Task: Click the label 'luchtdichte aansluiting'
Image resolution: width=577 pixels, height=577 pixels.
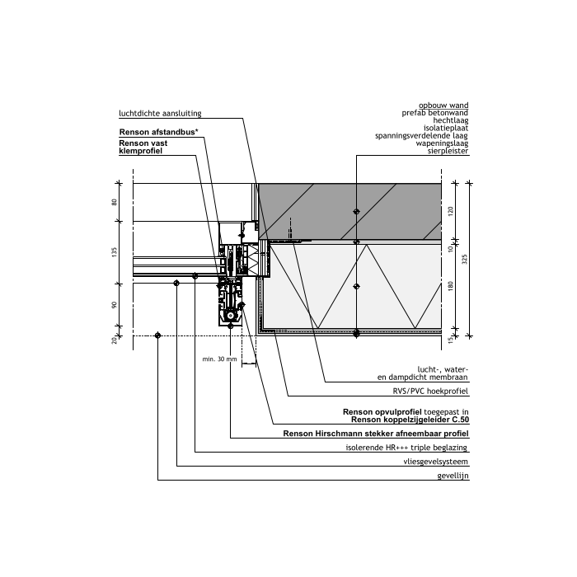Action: [x=160, y=114]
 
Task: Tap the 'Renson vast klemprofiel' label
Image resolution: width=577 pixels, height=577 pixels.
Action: [x=143, y=147]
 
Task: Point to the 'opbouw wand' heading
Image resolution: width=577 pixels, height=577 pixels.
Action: [x=443, y=106]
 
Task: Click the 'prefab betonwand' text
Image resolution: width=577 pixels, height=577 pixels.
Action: [x=435, y=113]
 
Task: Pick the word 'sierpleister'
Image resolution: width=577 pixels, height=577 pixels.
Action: [x=448, y=151]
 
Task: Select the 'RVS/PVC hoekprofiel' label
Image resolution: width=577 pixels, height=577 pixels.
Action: [x=430, y=392]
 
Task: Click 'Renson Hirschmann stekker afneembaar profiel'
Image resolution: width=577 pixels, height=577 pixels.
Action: [x=376, y=434]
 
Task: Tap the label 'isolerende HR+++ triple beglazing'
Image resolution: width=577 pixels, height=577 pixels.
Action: [x=406, y=448]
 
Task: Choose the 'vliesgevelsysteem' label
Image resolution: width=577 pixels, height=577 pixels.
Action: [x=436, y=462]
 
